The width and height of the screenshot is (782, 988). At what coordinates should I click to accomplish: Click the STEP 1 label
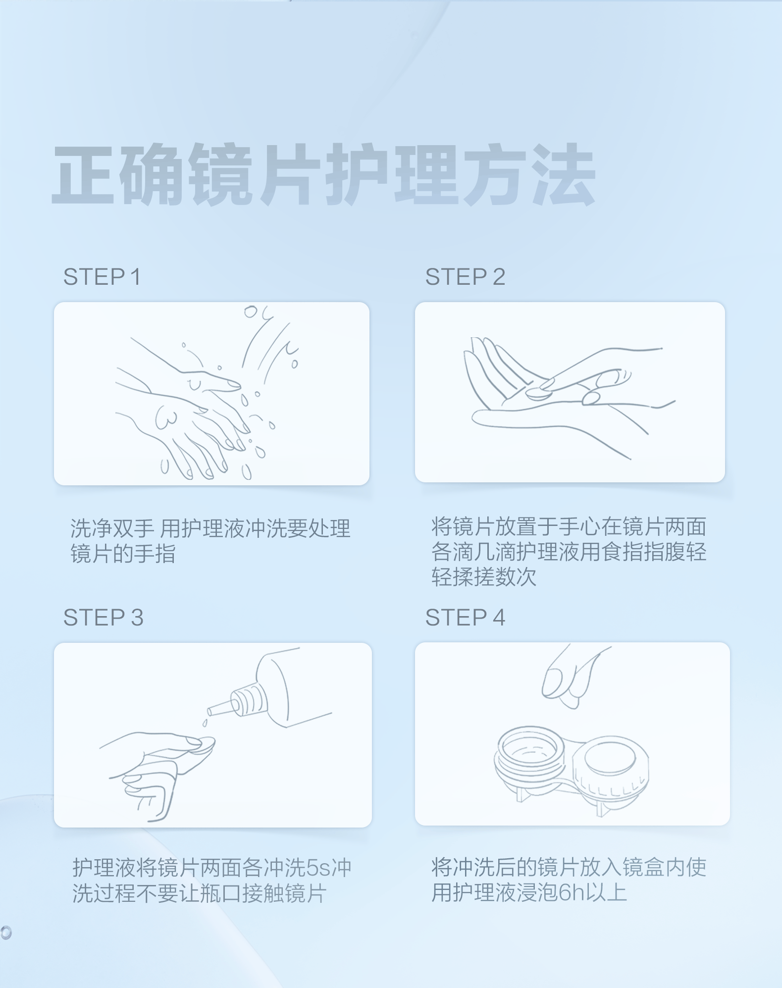coord(102,276)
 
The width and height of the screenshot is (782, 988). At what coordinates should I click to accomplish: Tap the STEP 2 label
coord(465,276)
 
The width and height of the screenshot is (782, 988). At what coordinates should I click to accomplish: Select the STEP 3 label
coord(103,618)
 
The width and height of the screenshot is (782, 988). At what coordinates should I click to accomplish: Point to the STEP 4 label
coord(465,618)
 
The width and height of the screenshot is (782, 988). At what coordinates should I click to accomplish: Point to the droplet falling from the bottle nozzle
coord(205,724)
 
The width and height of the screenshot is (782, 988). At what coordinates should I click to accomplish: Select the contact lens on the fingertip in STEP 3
coord(203,744)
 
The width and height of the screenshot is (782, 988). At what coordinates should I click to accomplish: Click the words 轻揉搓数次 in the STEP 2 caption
coord(484,577)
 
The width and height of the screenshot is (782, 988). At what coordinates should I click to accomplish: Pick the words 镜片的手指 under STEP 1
coord(123,554)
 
